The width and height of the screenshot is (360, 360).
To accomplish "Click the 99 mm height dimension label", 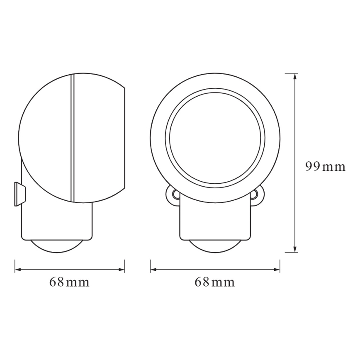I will click(x=325, y=167).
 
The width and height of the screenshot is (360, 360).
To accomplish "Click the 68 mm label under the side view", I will click(x=69, y=282).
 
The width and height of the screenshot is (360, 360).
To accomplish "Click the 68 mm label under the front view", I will click(x=214, y=282).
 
